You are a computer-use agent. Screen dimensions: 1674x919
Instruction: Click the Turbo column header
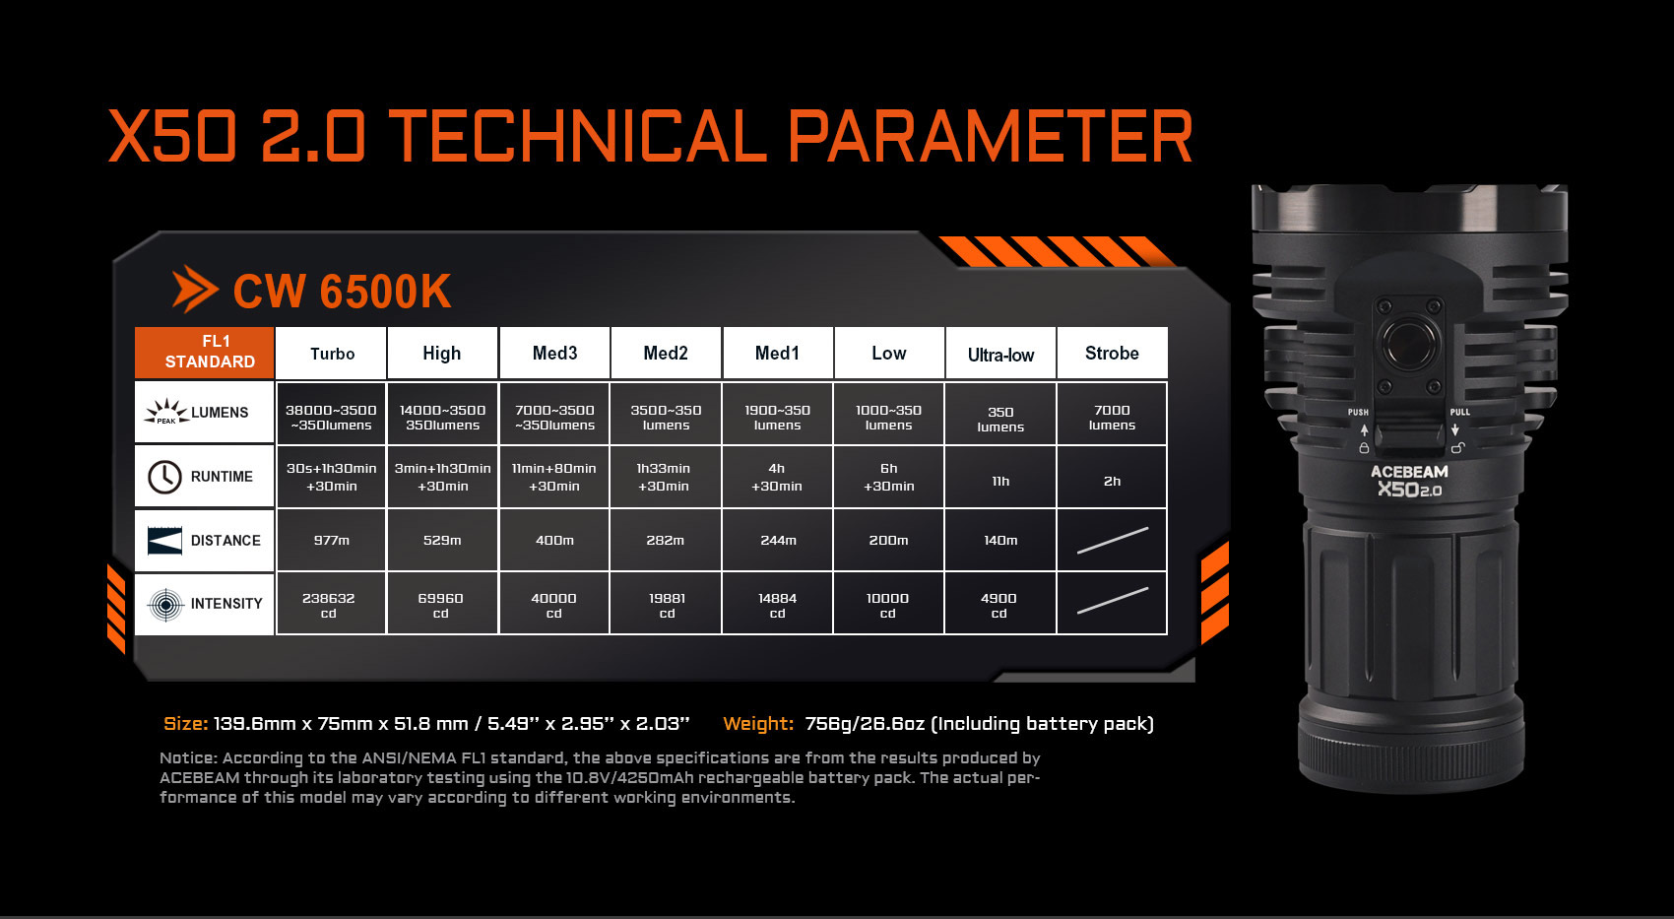point(331,353)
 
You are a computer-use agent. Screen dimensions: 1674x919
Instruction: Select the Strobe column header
point(1112,353)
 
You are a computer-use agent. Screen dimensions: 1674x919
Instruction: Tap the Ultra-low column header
point(1000,353)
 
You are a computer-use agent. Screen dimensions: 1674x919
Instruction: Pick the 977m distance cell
point(331,540)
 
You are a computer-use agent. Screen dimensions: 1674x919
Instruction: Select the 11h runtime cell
point(1000,481)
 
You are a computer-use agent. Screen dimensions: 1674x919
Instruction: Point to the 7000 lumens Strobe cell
point(1112,418)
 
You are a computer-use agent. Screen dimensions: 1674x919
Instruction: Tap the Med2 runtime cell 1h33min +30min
point(665,477)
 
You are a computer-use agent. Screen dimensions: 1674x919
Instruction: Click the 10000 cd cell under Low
point(888,604)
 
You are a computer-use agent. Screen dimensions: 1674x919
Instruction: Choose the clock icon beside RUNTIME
point(164,477)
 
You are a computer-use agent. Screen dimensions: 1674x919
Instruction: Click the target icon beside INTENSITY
point(165,604)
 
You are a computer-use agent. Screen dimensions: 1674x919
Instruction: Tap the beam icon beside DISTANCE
point(164,541)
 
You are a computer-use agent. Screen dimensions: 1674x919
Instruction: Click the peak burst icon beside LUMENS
point(165,412)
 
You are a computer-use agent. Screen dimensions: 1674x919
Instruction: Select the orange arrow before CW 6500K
point(194,290)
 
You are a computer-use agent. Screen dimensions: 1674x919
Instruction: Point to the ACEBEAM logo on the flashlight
point(1409,472)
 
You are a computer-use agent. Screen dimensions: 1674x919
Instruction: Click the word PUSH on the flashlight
point(1358,412)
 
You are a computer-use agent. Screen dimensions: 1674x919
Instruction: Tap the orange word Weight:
point(758,724)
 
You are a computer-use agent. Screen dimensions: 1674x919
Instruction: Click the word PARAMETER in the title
point(991,136)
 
